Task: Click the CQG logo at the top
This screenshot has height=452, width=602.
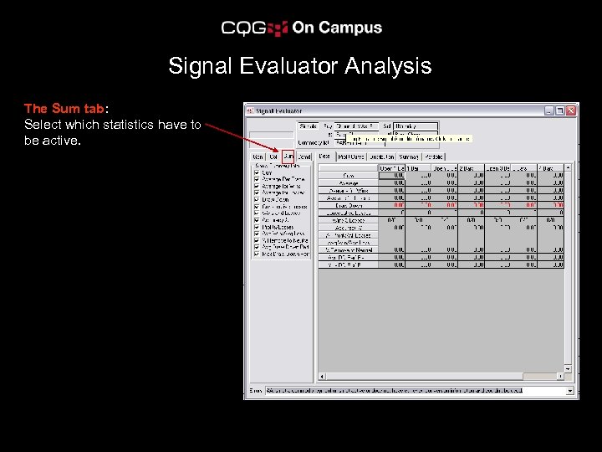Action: pos(255,28)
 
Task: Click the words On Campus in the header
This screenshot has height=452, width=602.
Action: pos(337,28)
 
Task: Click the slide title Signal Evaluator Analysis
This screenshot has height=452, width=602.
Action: pos(299,66)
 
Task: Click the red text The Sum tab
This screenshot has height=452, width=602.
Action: pos(64,109)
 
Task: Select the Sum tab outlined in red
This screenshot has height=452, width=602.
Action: pos(288,157)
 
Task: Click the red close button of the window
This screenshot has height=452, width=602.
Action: pos(571,110)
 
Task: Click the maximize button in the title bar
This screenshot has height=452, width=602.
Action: pos(560,110)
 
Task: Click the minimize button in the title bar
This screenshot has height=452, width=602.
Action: pos(549,110)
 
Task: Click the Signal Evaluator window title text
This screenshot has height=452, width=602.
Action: pos(280,110)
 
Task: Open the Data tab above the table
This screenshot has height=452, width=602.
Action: pos(324,157)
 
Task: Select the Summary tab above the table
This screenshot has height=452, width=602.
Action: pos(409,157)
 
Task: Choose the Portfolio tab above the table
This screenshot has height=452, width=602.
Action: pos(434,157)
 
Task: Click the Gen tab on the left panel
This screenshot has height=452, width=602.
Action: pos(258,157)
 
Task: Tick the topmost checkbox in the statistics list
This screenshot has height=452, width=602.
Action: pos(257,172)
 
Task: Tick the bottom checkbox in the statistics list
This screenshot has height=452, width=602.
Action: pos(257,254)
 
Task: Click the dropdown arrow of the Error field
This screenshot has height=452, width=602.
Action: pos(570,391)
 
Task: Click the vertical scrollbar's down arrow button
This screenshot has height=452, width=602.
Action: pos(569,368)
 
